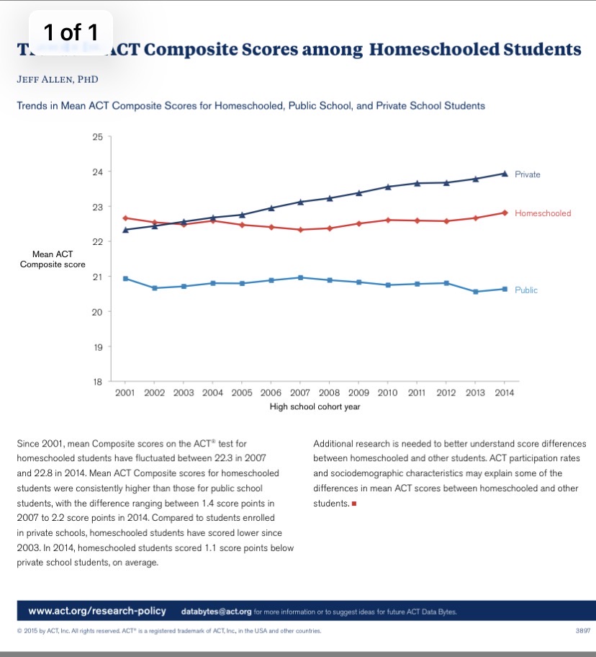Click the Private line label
tap(527, 174)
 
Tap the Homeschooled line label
tap(543, 213)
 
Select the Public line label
tap(525, 290)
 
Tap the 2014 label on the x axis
tap(504, 393)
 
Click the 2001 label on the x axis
tap(125, 393)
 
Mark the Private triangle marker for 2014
tap(504, 174)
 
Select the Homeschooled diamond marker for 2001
tap(125, 218)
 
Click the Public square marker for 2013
tap(475, 292)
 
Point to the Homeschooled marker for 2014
tap(504, 213)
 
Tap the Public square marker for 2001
tap(125, 278)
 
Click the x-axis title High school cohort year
tap(315, 406)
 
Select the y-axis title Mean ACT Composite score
tap(52, 259)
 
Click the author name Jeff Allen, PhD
tap(57, 79)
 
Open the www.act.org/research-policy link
tap(96, 611)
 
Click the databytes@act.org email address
tap(215, 612)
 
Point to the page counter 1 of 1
tap(71, 32)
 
